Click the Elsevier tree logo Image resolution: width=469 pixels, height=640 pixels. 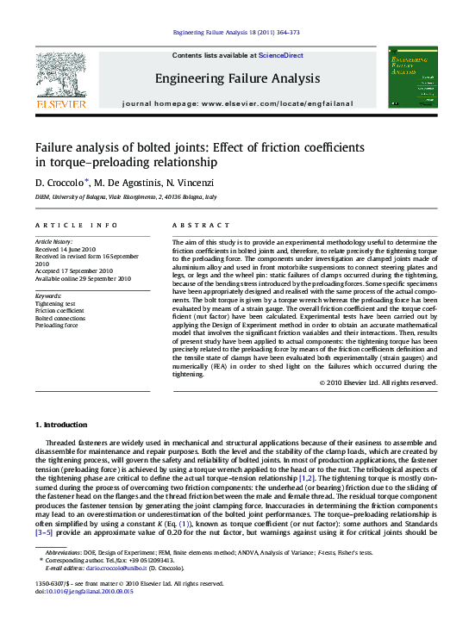60,77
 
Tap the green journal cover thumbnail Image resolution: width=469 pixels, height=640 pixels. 414,77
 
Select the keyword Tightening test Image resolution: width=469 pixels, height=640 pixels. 55,304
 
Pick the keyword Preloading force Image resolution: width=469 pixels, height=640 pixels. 57,326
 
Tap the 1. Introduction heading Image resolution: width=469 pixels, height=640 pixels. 61,425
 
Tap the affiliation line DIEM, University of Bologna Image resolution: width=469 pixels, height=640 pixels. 126,197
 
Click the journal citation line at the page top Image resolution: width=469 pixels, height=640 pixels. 236,33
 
